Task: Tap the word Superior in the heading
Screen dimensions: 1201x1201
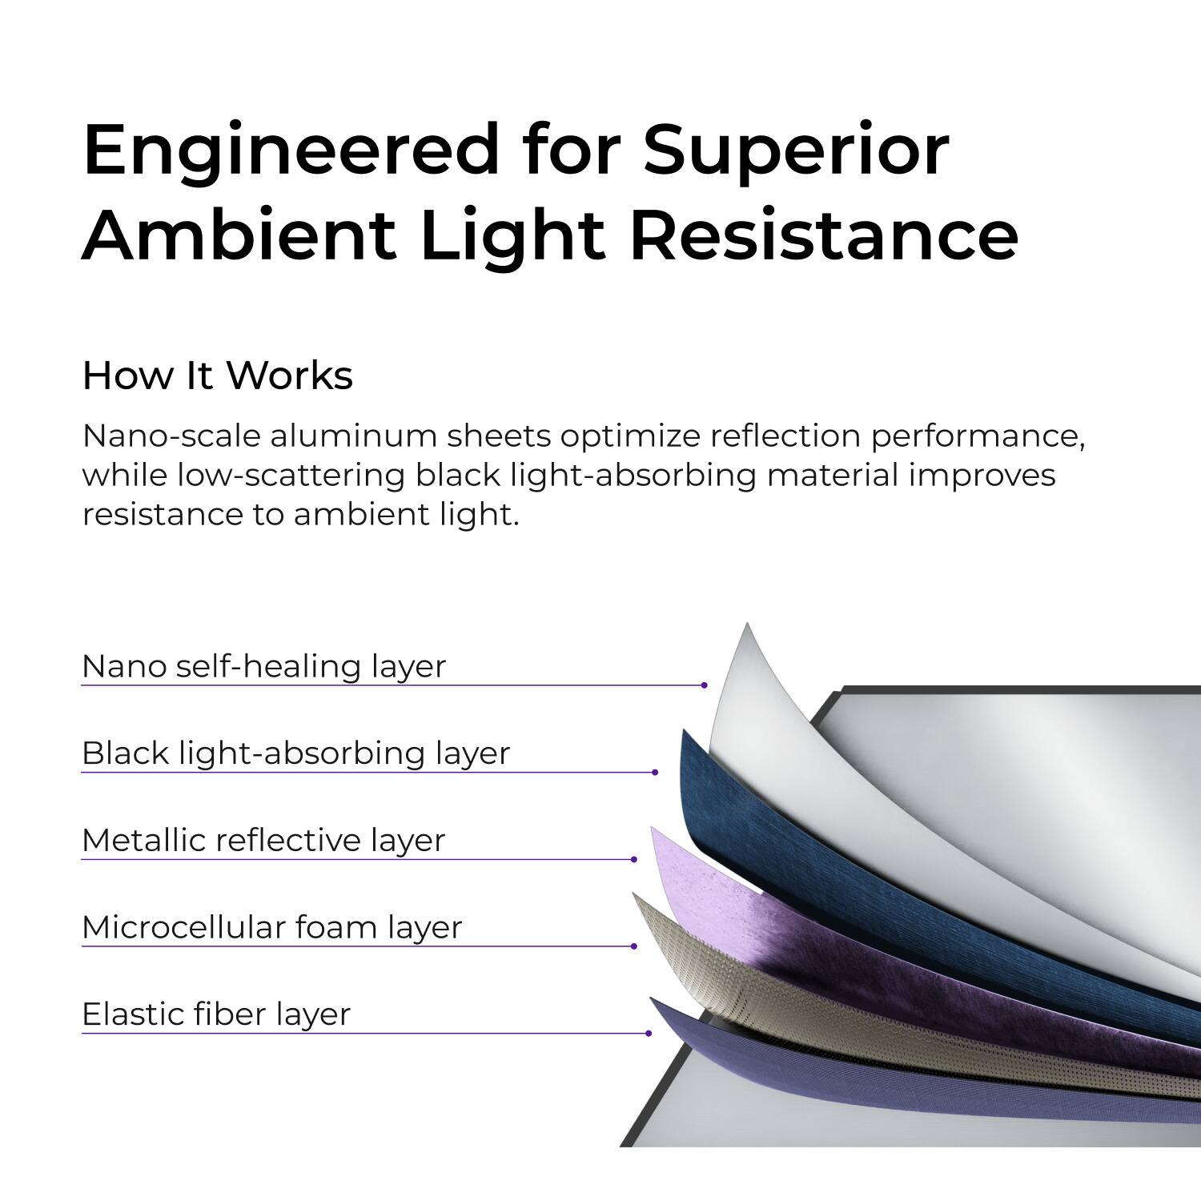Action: [797, 150]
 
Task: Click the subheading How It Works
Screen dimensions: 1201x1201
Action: [217, 376]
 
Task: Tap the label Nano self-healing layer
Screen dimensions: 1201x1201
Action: [263, 666]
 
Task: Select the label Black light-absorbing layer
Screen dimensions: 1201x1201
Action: [295, 753]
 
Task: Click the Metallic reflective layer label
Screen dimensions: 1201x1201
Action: [263, 841]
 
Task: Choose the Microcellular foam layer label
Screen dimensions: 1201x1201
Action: [272, 927]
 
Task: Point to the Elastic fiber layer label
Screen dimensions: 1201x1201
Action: [216, 1014]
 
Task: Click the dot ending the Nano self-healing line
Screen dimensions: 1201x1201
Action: [704, 685]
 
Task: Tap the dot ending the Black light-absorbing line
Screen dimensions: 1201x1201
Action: [655, 773]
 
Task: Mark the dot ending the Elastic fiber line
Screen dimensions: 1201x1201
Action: [648, 1034]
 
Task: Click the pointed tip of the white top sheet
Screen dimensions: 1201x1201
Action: [746, 629]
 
